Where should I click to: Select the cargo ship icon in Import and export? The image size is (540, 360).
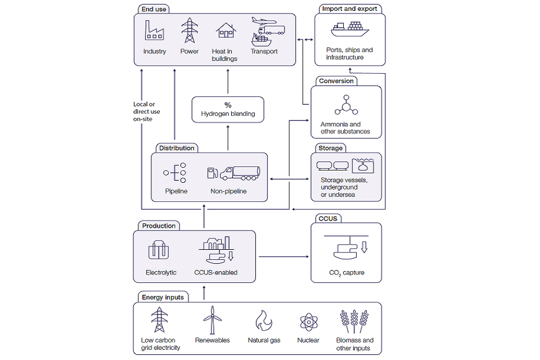coord(349,29)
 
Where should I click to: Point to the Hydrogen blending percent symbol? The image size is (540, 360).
coord(228,105)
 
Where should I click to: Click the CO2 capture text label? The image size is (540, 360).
coord(346,273)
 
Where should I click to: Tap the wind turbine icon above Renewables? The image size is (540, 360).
coord(212,319)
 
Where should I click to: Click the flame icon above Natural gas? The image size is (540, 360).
coord(263,321)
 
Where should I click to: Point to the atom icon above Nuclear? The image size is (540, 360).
coord(308,322)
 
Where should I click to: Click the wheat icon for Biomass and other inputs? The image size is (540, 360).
coord(354,321)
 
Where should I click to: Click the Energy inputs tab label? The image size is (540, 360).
coord(163,297)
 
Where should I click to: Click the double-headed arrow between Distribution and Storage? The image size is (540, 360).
coord(290,179)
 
